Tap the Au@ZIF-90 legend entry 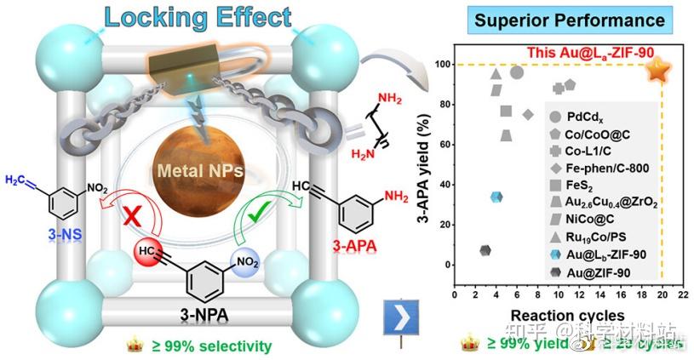(595, 271)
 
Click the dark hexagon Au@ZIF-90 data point (485, 251)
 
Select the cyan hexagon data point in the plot (496, 197)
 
